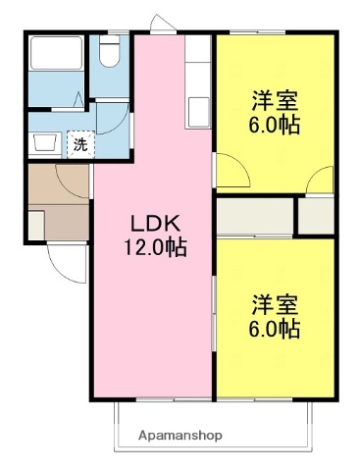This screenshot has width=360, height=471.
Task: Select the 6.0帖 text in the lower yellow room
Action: pyautogui.click(x=275, y=329)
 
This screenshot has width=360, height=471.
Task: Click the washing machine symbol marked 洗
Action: pyautogui.click(x=78, y=143)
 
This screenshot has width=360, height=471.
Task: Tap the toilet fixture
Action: pyautogui.click(x=108, y=55)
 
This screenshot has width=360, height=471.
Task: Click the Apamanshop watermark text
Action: pyautogui.click(x=180, y=434)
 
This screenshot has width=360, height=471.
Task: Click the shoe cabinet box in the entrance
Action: pyautogui.click(x=35, y=224)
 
